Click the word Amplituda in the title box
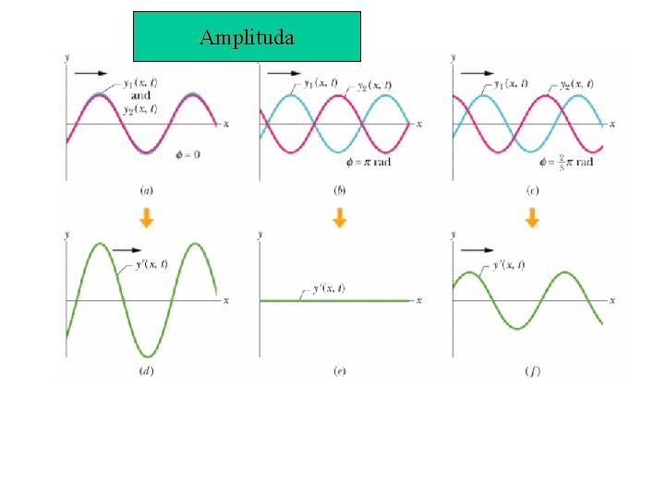point(247,38)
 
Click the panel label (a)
point(146,190)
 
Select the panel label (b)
point(339,190)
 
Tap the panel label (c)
point(531,190)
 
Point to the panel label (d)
point(146,371)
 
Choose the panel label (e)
point(339,371)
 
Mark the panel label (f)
point(531,371)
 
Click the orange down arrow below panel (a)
point(146,218)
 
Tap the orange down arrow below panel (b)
point(339,218)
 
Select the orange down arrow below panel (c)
point(531,218)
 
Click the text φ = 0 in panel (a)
point(187,153)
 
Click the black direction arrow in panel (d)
point(127,249)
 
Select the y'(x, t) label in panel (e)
point(330,289)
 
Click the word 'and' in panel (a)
point(140,96)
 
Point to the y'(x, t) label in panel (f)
point(510,265)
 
